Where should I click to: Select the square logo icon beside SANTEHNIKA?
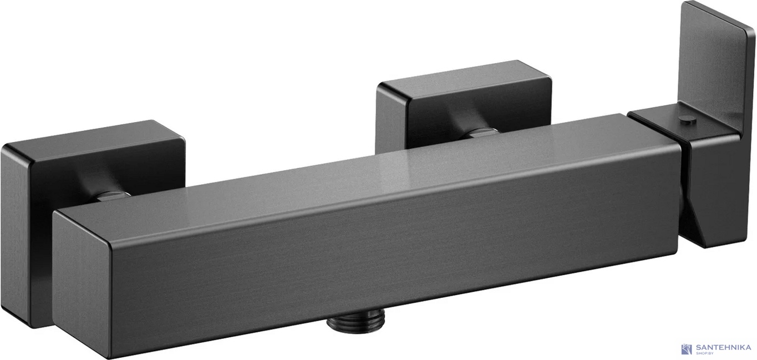687,349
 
